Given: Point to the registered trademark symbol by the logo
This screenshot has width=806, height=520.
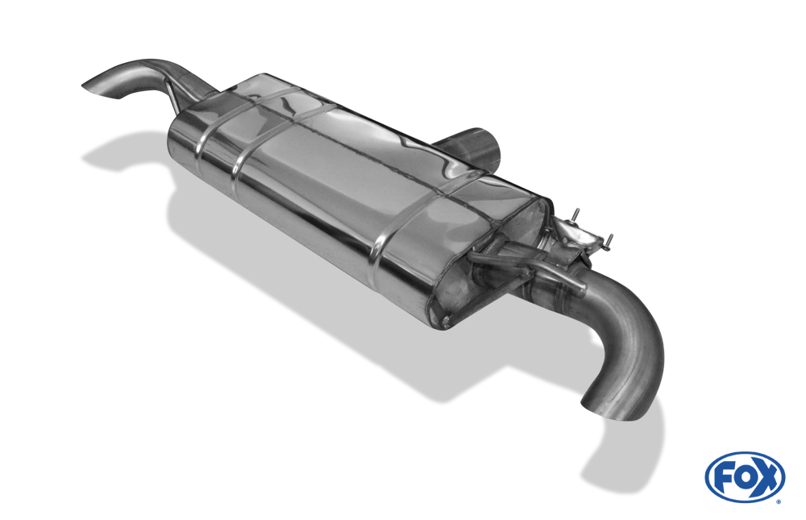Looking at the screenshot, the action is pyautogui.click(x=779, y=501).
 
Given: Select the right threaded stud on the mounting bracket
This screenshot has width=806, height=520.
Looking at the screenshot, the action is pyautogui.click(x=609, y=242).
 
